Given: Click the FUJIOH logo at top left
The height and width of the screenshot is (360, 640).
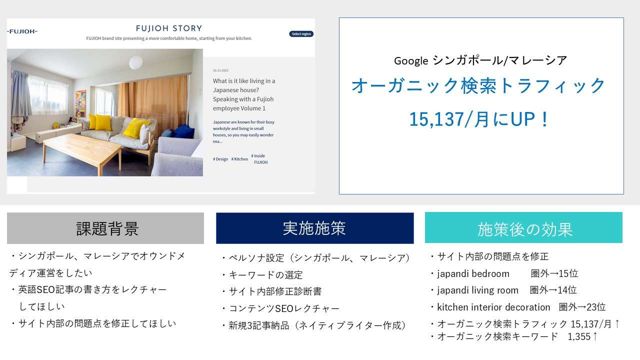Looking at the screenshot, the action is click(x=22, y=31).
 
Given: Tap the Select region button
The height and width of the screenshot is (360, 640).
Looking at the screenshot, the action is click(x=301, y=34).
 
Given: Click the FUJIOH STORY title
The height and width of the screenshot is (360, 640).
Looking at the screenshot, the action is click(x=169, y=28).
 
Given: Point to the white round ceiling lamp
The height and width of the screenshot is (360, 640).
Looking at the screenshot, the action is click(x=135, y=62).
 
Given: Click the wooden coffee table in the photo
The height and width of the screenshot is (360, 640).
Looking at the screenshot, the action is click(x=82, y=151).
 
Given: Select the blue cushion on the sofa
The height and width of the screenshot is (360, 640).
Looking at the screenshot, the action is click(x=184, y=131).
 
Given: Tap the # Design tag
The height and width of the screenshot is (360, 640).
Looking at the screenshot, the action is click(x=220, y=159).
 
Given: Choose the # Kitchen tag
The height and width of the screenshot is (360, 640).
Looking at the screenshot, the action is click(x=239, y=159).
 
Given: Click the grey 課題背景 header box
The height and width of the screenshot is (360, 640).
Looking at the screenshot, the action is click(x=105, y=228).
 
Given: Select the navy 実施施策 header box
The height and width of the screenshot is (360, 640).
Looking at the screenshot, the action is click(x=315, y=228).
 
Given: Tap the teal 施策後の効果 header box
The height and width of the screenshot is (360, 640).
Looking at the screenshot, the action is click(x=523, y=227).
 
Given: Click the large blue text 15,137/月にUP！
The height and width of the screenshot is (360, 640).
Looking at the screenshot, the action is click(x=479, y=119).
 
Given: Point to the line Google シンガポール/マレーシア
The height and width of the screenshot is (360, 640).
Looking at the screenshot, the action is click(x=480, y=60).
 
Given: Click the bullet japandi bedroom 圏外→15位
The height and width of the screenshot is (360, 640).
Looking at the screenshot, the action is click(x=504, y=273).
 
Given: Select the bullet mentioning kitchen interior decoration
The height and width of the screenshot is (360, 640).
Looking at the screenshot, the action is click(x=517, y=307).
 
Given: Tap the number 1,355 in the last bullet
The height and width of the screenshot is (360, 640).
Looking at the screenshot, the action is click(x=579, y=337).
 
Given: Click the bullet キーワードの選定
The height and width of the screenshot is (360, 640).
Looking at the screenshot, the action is click(x=262, y=275).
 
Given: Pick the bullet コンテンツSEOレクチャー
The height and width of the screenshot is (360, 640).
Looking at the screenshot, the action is click(x=280, y=308).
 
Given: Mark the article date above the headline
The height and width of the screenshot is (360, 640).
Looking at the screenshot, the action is click(x=220, y=70).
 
